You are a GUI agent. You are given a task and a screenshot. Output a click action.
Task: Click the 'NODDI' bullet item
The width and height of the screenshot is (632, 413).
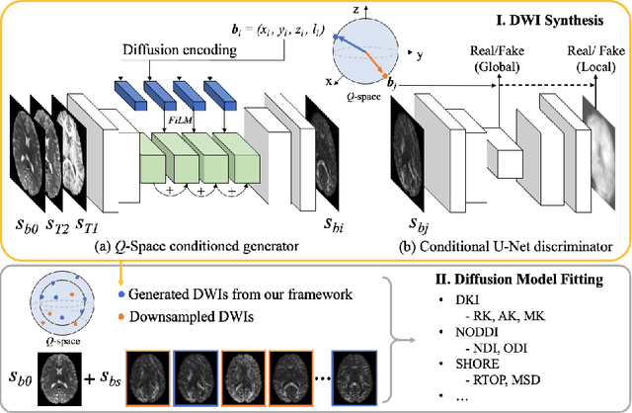(x=498, y=331)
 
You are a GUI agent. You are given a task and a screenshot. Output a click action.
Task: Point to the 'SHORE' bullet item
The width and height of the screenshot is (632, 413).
(x=498, y=362)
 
